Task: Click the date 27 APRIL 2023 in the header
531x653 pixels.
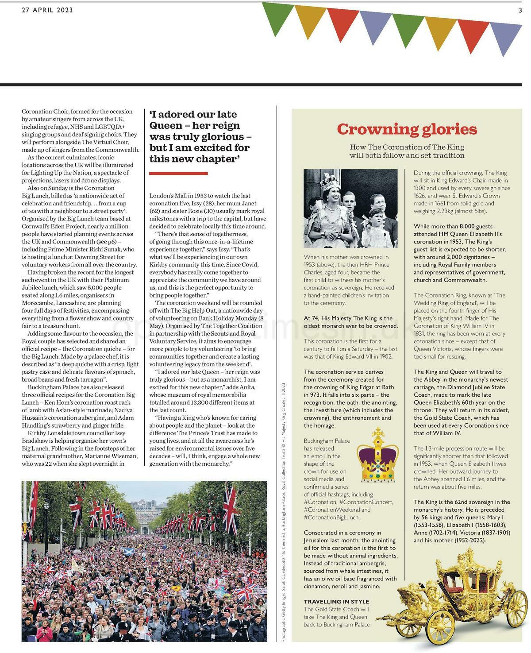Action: pos(47,10)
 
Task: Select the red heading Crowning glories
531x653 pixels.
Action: pos(407,129)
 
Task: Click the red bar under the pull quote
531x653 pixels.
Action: pos(178,173)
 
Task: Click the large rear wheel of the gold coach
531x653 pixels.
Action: pos(516,612)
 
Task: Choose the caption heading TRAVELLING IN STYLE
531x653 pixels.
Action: pos(336,602)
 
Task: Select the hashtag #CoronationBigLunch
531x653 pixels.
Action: pos(331,517)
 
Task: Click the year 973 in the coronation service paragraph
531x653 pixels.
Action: pos(314,395)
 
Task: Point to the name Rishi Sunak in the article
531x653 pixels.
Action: pos(109,249)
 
